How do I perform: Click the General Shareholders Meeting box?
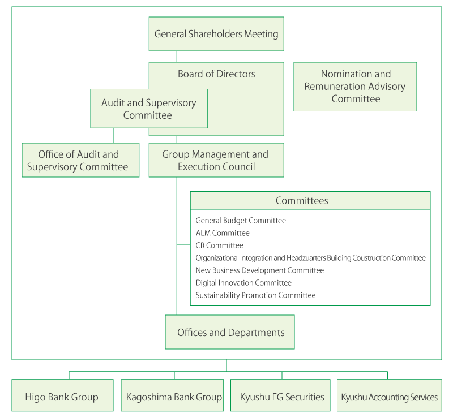pos(216,34)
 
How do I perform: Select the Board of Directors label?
pos(216,74)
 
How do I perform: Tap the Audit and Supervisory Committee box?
pos(149,109)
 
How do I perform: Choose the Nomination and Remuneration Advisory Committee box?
pos(355,87)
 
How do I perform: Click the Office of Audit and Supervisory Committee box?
pos(80,160)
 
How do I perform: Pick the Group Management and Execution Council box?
pos(216,160)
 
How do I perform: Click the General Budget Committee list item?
pos(241,221)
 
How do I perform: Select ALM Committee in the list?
pos(223,233)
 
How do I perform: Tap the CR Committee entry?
pos(219,245)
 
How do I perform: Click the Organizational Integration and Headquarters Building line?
pos(310,258)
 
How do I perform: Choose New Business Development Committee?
pos(260,270)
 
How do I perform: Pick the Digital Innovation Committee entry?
pos(243,283)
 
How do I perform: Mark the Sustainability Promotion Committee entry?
pos(256,295)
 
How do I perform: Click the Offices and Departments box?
pos(230,332)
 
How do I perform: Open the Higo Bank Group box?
pos(62,395)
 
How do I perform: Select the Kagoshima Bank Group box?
pos(172,395)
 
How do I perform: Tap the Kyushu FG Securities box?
pos(280,395)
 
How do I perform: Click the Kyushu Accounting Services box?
pos(390,395)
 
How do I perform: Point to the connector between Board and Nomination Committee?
pos(289,88)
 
